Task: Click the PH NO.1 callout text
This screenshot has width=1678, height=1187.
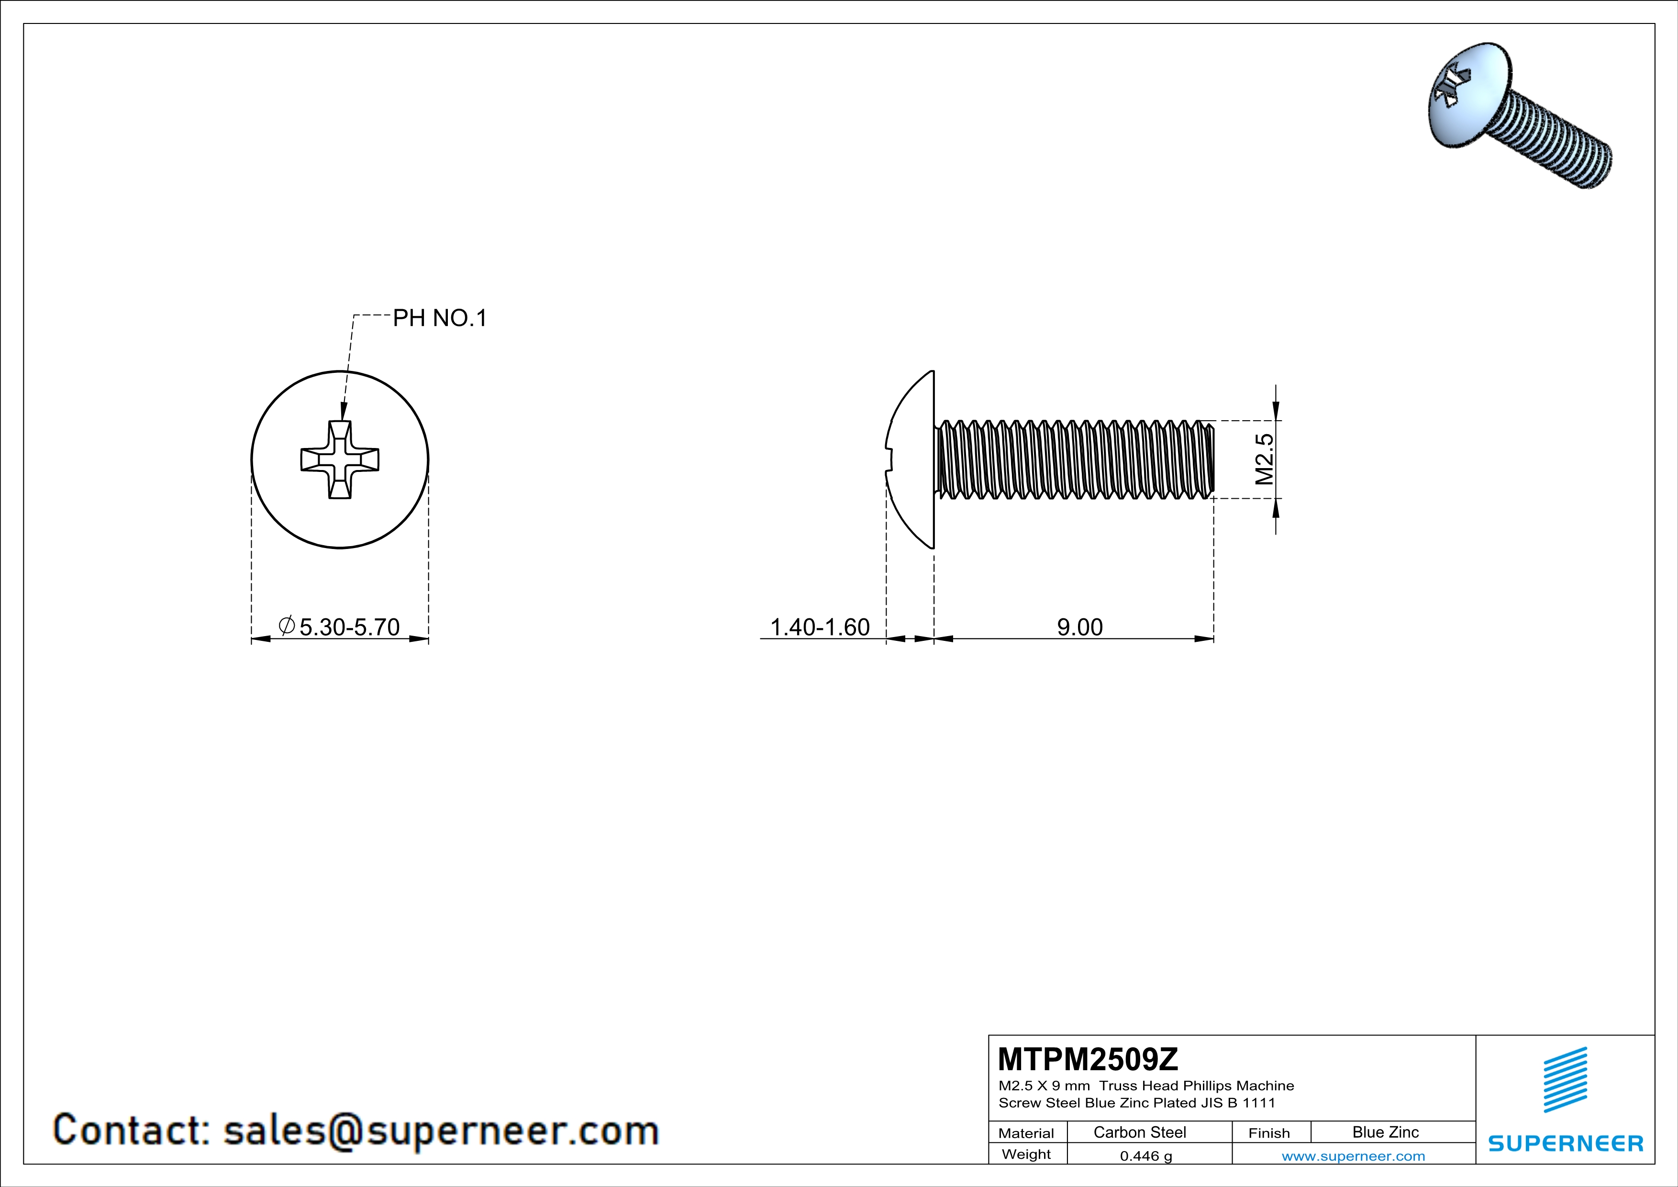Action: tap(439, 318)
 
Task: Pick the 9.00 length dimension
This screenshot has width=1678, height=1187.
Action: tap(1079, 627)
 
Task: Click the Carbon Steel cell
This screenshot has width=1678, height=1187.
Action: tap(1139, 1132)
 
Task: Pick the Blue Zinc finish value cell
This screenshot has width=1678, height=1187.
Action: tap(1385, 1132)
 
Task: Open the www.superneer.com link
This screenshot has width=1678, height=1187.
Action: tap(1353, 1155)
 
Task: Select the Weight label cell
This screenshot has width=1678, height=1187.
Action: tap(1026, 1154)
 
